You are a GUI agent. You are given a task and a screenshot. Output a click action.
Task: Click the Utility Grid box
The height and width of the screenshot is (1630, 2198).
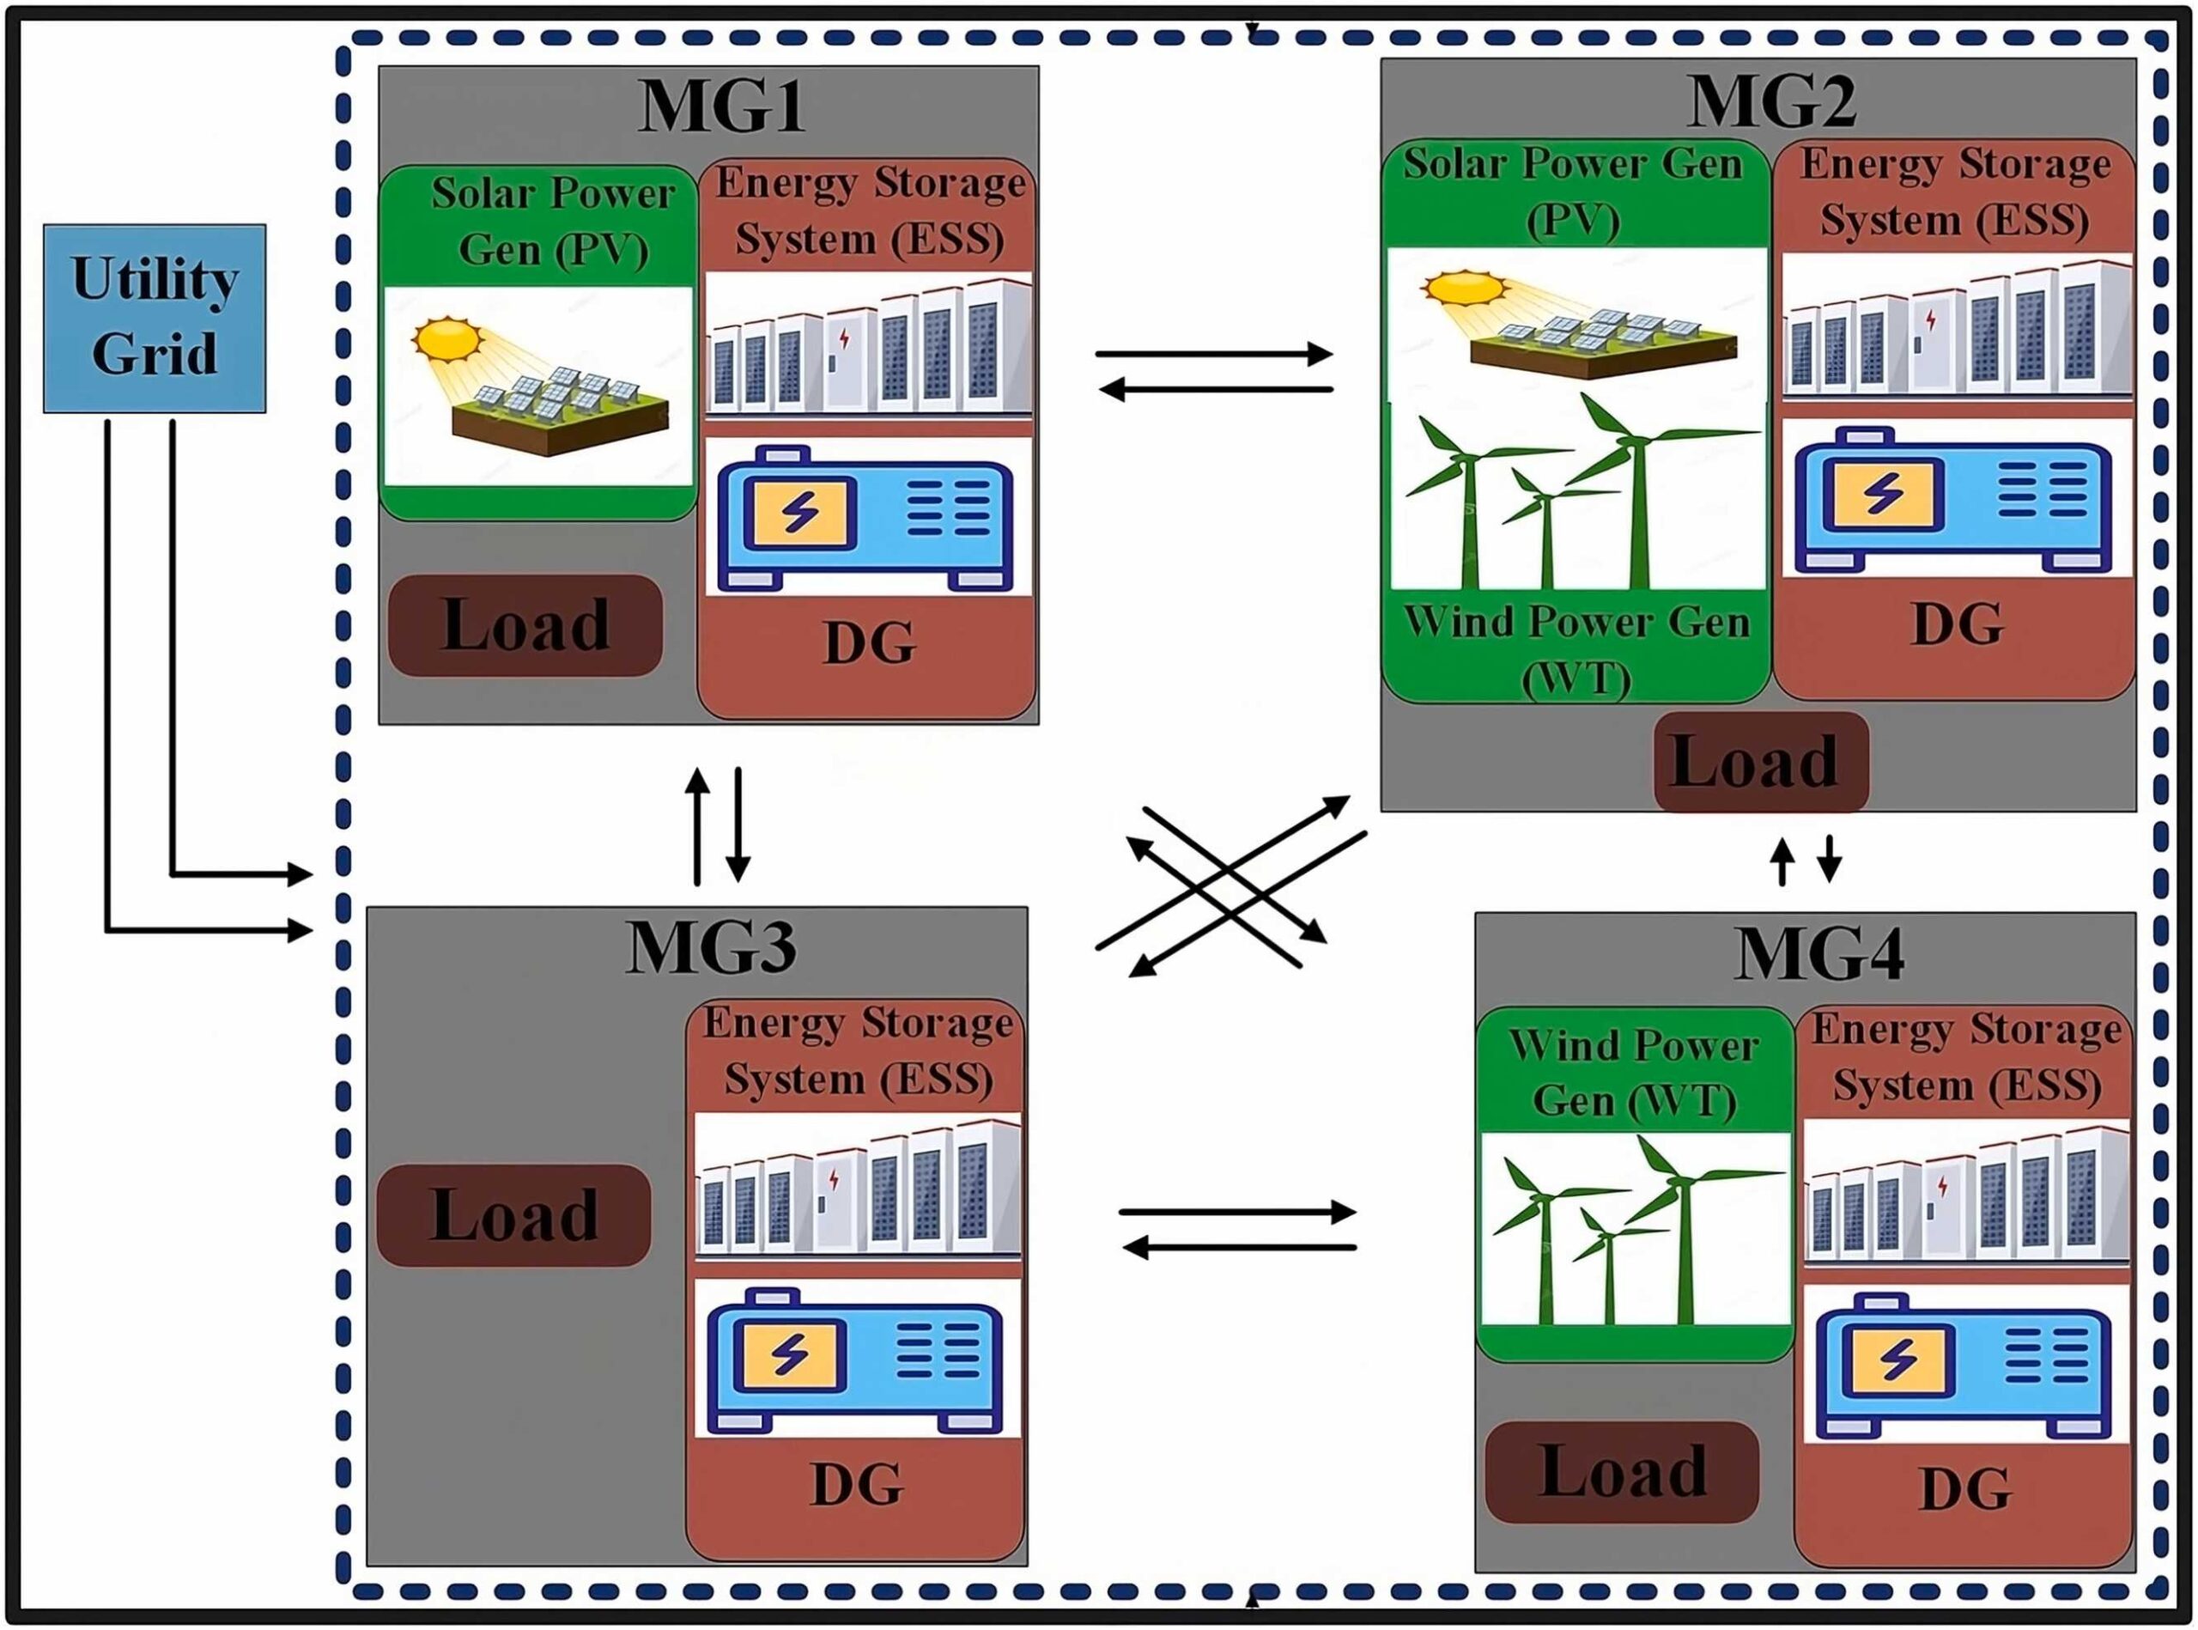pyautogui.click(x=154, y=318)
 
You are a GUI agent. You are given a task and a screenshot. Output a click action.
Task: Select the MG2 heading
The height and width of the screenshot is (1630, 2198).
pyautogui.click(x=1772, y=100)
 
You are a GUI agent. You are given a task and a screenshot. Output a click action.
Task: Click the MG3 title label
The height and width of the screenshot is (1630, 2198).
pyautogui.click(x=710, y=947)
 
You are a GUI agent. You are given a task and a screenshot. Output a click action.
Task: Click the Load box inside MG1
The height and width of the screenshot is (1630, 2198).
pyautogui.click(x=525, y=625)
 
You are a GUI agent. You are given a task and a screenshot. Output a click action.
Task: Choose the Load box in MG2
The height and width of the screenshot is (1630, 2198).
pyautogui.click(x=1760, y=762)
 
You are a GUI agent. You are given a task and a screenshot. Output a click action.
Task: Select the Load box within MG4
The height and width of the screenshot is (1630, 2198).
pyautogui.click(x=1622, y=1470)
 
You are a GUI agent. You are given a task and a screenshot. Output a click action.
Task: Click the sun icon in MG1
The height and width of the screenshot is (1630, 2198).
pyautogui.click(x=448, y=339)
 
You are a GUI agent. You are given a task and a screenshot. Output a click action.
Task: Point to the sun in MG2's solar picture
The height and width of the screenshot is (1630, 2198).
pyautogui.click(x=1464, y=289)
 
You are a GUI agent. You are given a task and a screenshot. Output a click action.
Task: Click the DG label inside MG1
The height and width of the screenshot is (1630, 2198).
pyautogui.click(x=868, y=642)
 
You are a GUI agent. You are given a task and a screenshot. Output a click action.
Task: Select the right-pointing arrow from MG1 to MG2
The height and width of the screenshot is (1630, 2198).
pyautogui.click(x=1216, y=354)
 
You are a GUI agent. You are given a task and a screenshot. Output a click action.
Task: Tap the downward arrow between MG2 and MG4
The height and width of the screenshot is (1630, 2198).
pyautogui.click(x=1830, y=859)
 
